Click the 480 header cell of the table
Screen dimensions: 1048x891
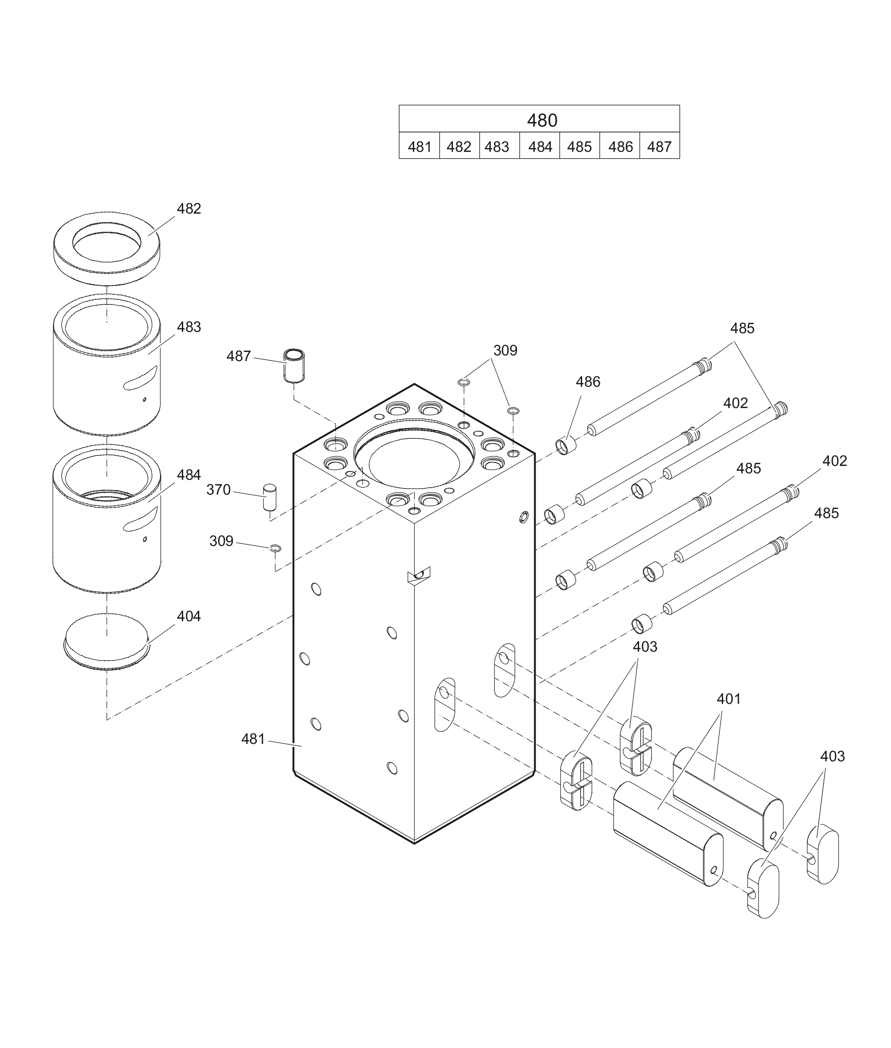tap(542, 120)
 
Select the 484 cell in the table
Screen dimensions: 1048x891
tap(540, 147)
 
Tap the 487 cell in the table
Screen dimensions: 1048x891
tap(659, 147)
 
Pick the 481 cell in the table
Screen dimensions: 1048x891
tap(419, 147)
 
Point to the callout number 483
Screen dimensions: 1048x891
tap(189, 327)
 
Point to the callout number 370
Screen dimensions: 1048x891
tap(218, 490)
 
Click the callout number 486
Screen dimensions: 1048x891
tap(588, 382)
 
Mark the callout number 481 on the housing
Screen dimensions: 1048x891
tap(253, 739)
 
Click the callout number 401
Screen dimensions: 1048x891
tap(729, 699)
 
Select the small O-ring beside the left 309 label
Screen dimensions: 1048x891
tap(275, 548)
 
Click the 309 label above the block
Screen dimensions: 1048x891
tap(505, 351)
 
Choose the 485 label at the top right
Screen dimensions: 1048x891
tap(742, 328)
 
